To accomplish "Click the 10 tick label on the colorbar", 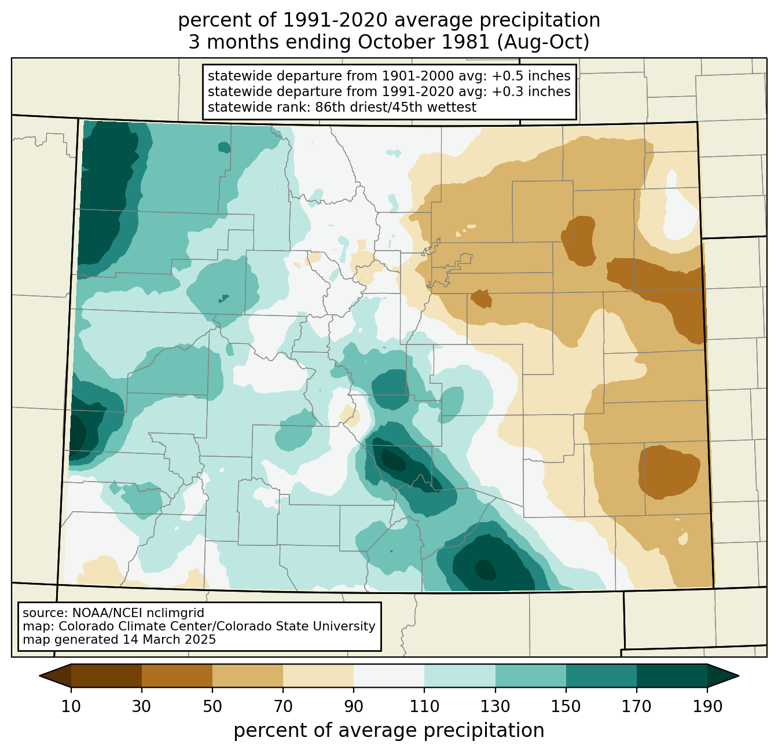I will coord(71,707).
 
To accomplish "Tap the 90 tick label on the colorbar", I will coord(354,707).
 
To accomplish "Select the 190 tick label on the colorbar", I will coord(707,707).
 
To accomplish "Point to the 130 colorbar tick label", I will coord(496,707).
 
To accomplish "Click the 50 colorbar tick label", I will coord(212,707).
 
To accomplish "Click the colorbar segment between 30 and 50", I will coord(177,676).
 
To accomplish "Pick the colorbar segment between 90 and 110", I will coord(389,676).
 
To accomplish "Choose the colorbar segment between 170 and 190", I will coord(672,676).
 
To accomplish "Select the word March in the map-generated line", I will coord(158,640).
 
